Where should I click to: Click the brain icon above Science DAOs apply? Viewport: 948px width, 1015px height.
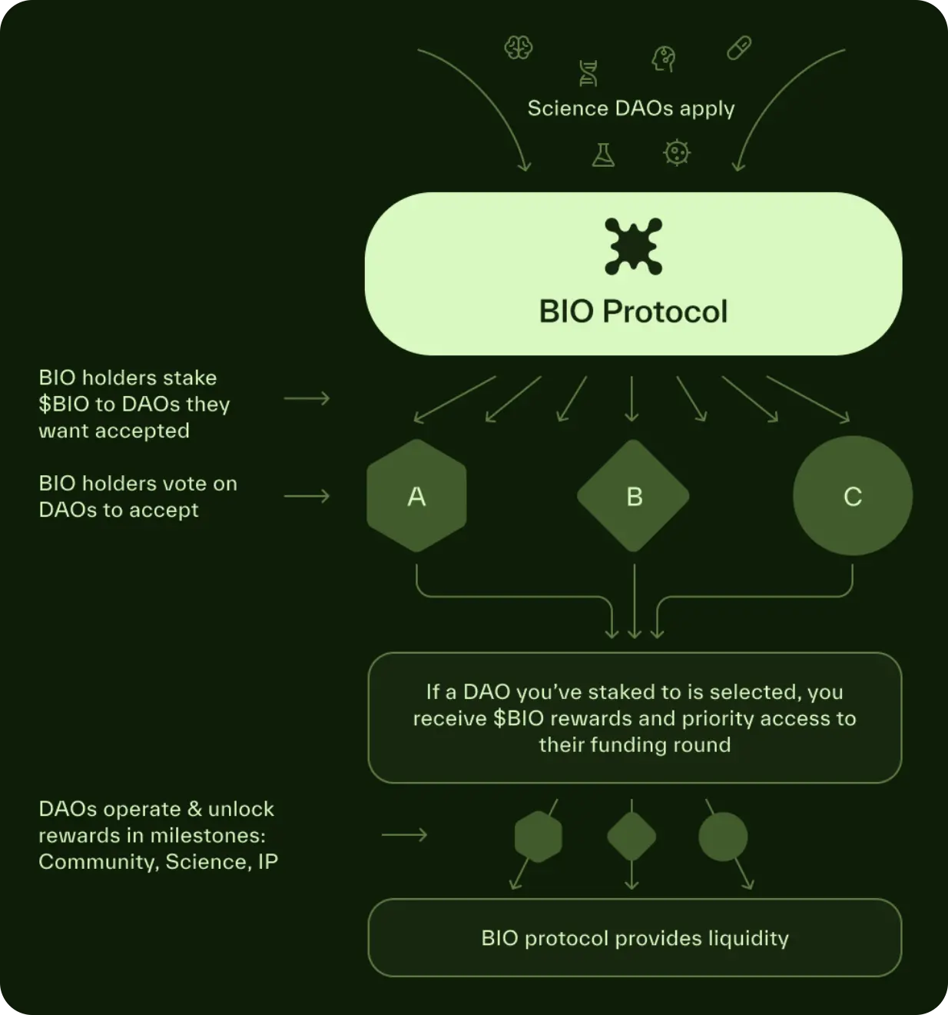click(519, 48)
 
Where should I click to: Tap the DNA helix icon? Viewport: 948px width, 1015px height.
click(588, 74)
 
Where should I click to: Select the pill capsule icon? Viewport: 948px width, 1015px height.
click(739, 48)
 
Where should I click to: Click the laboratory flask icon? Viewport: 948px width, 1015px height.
click(603, 155)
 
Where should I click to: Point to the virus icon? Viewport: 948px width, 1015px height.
click(676, 153)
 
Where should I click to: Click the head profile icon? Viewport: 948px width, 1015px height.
click(664, 58)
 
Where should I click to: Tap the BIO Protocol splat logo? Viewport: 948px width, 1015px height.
click(633, 246)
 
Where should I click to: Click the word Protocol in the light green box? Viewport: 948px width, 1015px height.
click(665, 311)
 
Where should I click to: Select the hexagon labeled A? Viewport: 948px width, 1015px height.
click(416, 496)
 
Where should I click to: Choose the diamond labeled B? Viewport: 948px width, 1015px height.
click(633, 496)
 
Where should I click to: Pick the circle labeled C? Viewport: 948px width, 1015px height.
click(853, 496)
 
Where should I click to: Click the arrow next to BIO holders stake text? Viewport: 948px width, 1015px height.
click(307, 398)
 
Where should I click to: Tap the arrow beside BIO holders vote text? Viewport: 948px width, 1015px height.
click(307, 497)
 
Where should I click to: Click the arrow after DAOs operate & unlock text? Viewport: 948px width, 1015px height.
click(404, 835)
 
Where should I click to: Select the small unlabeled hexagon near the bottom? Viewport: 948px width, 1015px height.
click(538, 837)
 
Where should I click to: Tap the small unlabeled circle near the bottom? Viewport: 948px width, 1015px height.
click(723, 837)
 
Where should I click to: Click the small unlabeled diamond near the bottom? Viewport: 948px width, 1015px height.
click(631, 837)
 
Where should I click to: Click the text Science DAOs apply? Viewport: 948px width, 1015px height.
click(631, 108)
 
